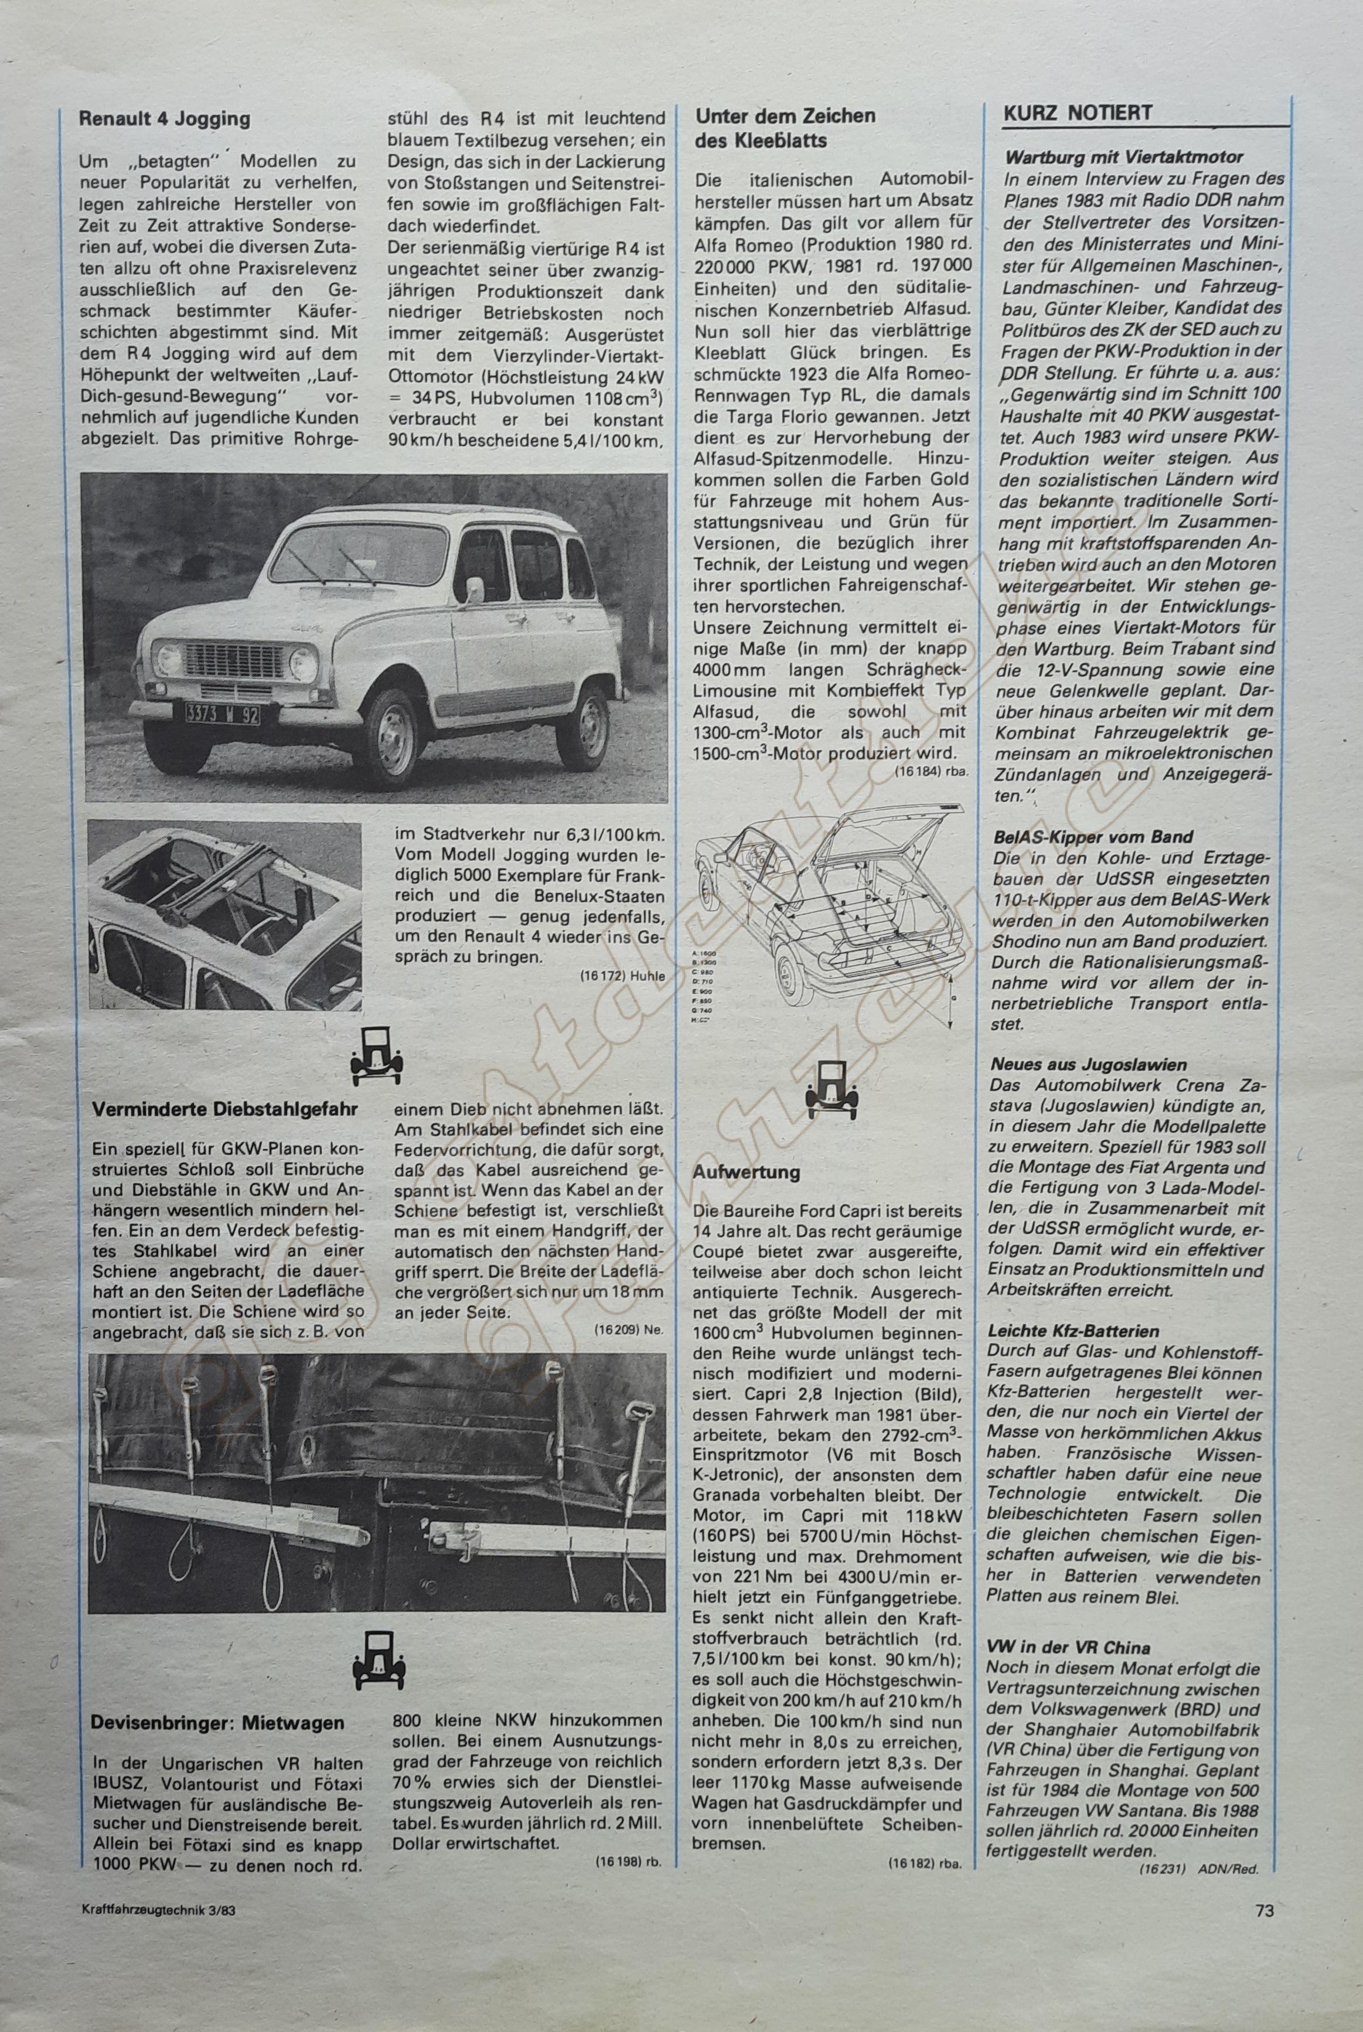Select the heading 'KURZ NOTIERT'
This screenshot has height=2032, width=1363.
(x=1077, y=113)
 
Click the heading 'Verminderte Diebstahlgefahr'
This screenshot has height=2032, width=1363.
(x=224, y=1109)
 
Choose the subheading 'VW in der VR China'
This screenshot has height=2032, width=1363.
(x=1068, y=1647)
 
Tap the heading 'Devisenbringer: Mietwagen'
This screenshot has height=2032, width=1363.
(x=217, y=1723)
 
